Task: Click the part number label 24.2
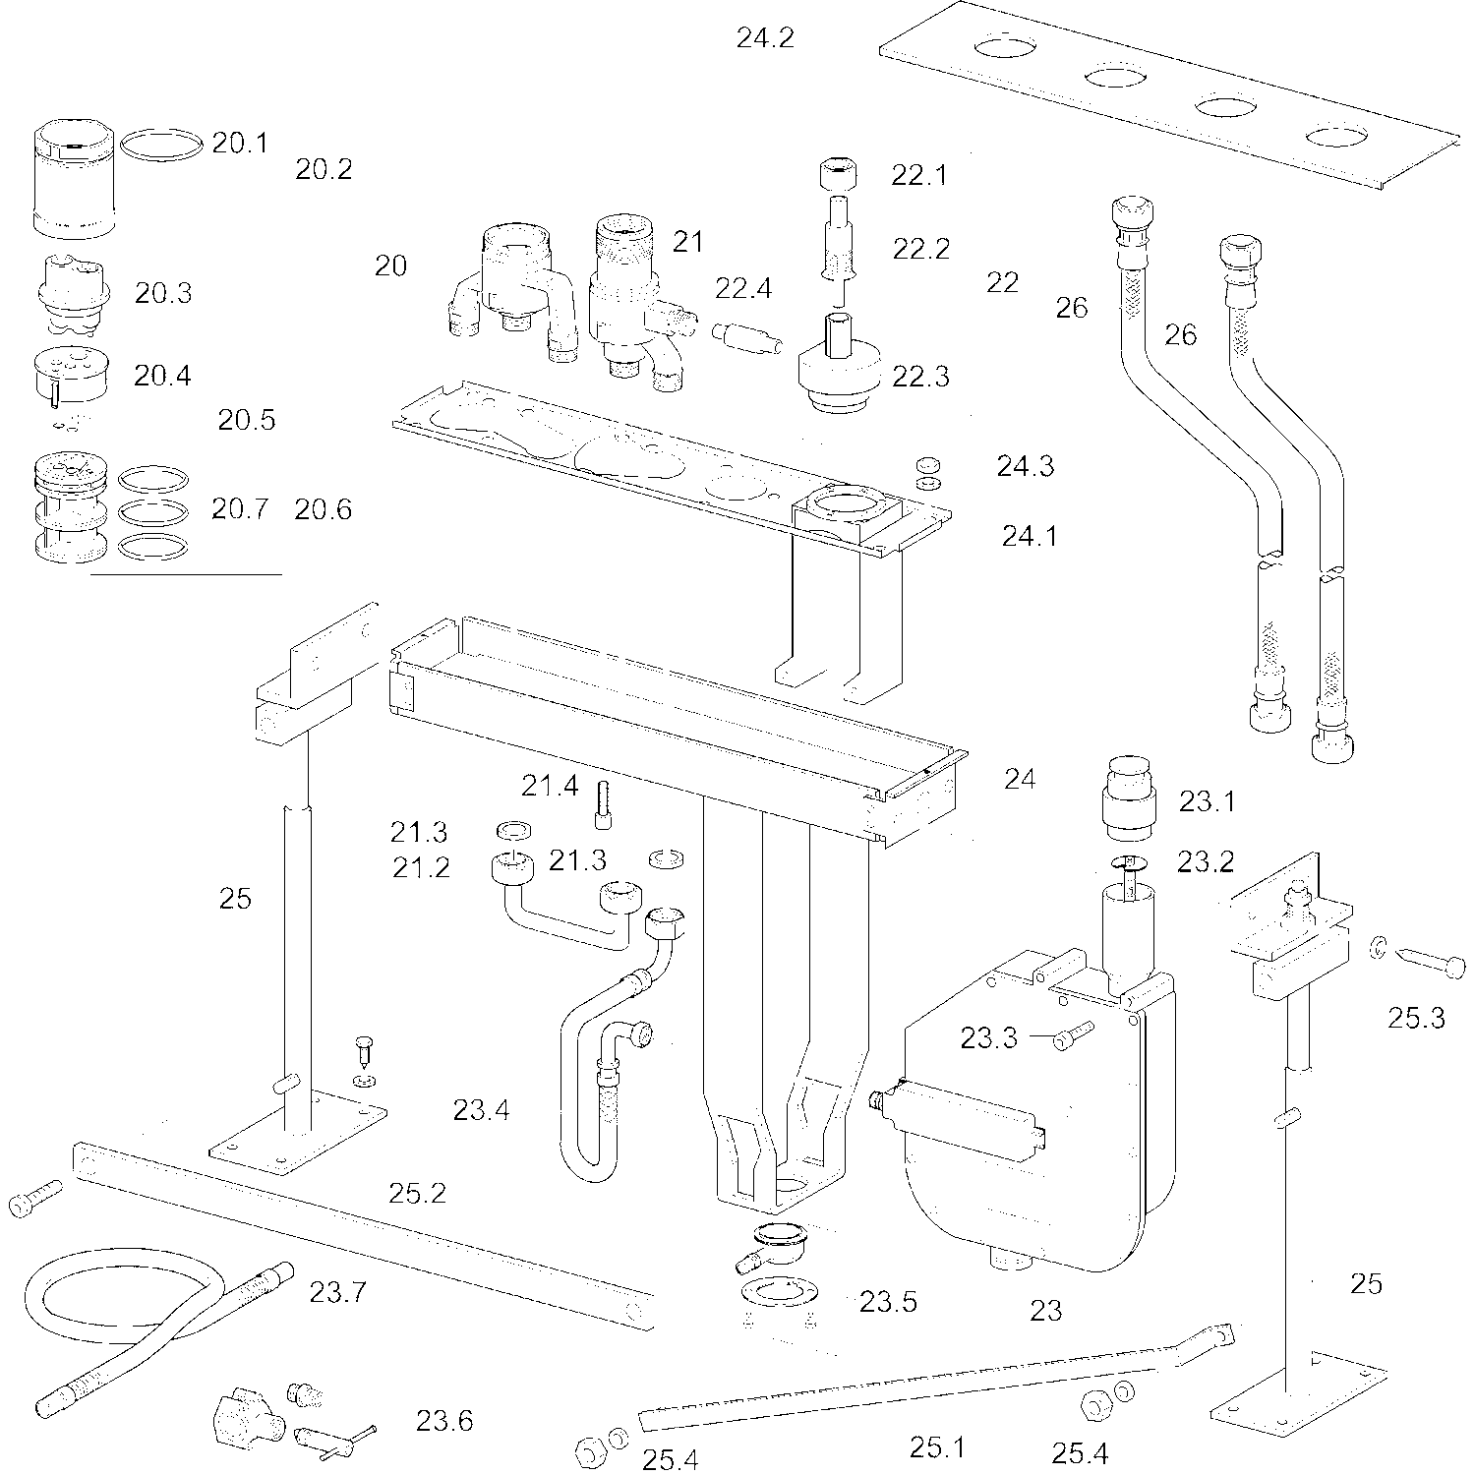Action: click(765, 38)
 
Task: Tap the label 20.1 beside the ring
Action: click(240, 144)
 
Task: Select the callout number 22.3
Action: click(920, 377)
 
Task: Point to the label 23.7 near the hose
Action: click(337, 1291)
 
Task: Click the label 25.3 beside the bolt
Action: click(1416, 1018)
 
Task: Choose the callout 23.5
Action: click(888, 1302)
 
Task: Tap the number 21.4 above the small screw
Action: click(550, 786)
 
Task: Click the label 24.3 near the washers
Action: click(1026, 466)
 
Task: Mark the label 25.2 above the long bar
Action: click(417, 1194)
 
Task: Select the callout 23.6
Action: click(443, 1421)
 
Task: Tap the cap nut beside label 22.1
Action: click(839, 177)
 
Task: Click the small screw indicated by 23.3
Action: click(1073, 1034)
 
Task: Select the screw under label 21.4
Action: click(600, 804)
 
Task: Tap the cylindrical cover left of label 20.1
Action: click(76, 179)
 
